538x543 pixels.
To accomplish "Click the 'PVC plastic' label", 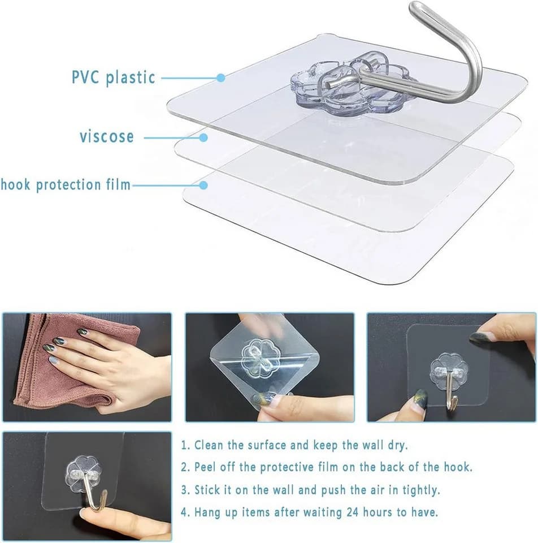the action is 114,77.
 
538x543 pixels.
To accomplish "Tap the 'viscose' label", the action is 107,136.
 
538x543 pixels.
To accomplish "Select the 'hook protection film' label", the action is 66,184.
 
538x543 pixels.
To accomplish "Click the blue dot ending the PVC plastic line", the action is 221,77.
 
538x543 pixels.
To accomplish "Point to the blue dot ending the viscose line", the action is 203,137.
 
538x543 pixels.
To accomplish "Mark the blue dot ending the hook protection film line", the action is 203,186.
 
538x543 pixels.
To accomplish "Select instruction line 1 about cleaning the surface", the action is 294,445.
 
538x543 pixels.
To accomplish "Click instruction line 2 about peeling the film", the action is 326,467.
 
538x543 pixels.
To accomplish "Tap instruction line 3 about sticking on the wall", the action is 310,490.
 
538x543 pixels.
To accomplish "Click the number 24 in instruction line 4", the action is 352,512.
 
